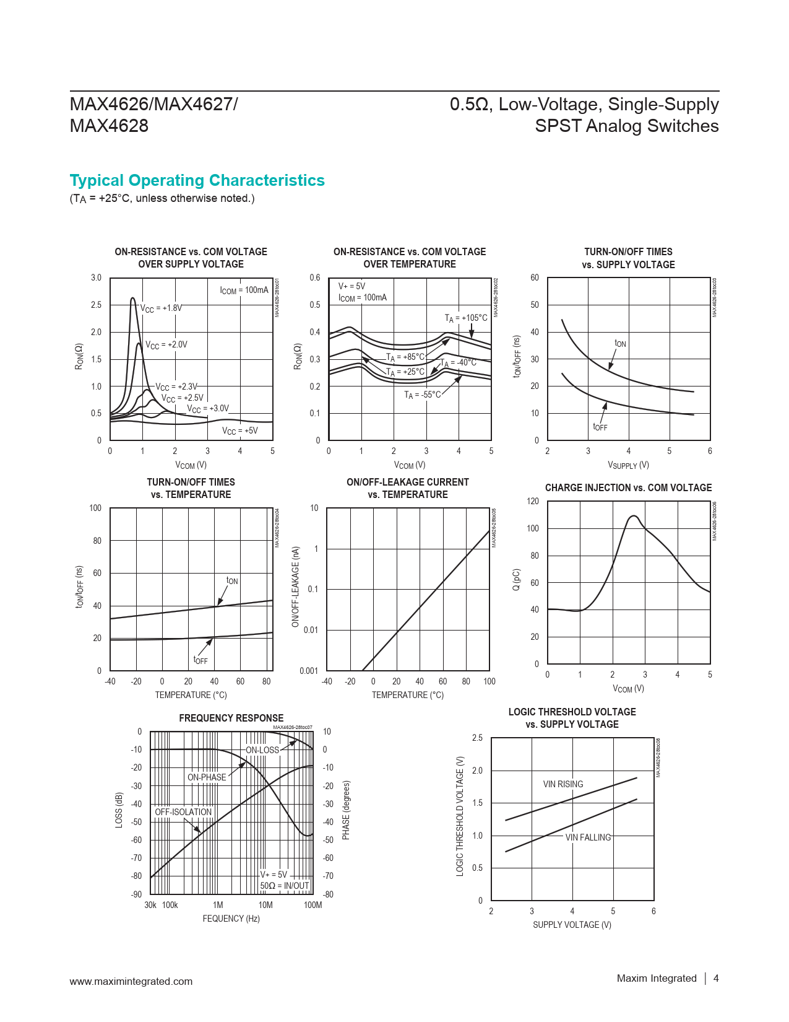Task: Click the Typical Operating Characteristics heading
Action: (197, 180)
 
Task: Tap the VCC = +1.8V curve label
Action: (161, 308)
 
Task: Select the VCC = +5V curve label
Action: (239, 431)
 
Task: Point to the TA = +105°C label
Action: (466, 318)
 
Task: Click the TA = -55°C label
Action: (423, 395)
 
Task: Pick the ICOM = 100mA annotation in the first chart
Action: (244, 290)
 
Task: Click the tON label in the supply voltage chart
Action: (620, 344)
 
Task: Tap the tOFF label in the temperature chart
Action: (200, 660)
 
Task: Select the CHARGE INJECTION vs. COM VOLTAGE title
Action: (628, 488)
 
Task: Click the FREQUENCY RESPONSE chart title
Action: (231, 718)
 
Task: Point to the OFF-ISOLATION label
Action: (183, 812)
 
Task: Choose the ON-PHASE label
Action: (207, 777)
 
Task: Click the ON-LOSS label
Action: (262, 750)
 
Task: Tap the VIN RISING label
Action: (563, 784)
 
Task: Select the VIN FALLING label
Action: (588, 837)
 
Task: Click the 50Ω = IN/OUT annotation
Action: (285, 886)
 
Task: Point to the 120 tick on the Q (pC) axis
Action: (533, 501)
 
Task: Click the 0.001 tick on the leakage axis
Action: (309, 671)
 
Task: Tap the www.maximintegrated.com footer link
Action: (131, 981)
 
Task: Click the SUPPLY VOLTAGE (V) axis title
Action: (572, 925)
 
